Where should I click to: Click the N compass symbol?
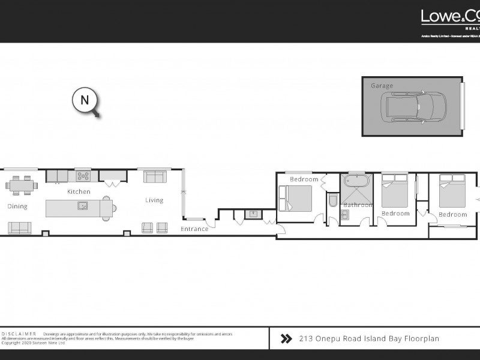pyautogui.click(x=85, y=100)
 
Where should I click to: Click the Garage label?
pyautogui.click(x=382, y=86)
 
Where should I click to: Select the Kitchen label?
pyautogui.click(x=79, y=192)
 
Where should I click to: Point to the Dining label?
pyautogui.click(x=17, y=207)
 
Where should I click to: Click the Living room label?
pyautogui.click(x=154, y=200)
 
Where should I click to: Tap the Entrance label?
pyautogui.click(x=194, y=229)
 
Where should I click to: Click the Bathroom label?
pyautogui.click(x=358, y=205)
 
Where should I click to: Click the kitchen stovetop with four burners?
pyautogui.click(x=83, y=176)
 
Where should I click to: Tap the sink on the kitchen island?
pyautogui.click(x=82, y=206)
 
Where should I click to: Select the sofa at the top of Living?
pyautogui.click(x=155, y=176)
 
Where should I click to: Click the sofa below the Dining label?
pyautogui.click(x=19, y=227)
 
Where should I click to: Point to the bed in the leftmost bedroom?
pyautogui.click(x=295, y=197)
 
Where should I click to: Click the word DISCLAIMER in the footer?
pyautogui.click(x=19, y=333)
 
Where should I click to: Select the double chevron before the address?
pyautogui.click(x=286, y=339)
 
